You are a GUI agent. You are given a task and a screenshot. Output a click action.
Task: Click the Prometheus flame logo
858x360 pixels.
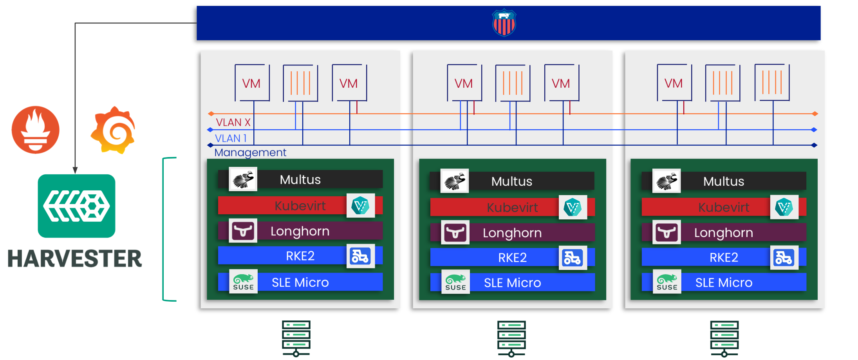pos(36,130)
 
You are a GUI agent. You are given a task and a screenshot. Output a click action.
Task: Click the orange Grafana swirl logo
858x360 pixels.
pos(113,130)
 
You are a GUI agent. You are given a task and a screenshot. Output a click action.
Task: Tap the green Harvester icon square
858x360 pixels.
pos(76,206)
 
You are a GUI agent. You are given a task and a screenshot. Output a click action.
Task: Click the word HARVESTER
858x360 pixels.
pos(75,259)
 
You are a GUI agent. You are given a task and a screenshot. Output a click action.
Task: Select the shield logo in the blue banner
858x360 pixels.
pos(504,23)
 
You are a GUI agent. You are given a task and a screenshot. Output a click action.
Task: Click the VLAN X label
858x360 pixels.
pos(233,122)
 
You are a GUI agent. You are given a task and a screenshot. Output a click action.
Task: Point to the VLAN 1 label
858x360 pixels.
pos(231,138)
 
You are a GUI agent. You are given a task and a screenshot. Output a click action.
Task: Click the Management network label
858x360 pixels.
pos(250,152)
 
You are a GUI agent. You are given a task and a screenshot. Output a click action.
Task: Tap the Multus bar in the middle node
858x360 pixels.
pos(512,181)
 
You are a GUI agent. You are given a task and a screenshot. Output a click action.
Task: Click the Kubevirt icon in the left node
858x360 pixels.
pos(360,206)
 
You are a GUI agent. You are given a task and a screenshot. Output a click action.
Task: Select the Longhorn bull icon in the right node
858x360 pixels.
pos(667,232)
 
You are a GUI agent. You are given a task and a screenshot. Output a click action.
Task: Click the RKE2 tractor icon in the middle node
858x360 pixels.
pos(573,258)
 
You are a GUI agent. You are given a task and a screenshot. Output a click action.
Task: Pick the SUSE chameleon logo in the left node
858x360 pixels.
pos(243,281)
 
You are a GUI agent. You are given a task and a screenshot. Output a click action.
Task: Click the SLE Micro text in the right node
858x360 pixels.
pos(724,282)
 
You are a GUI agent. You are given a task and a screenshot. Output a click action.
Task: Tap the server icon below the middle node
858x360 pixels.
pos(511,338)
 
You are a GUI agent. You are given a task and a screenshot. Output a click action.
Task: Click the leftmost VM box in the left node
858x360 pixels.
pos(252,83)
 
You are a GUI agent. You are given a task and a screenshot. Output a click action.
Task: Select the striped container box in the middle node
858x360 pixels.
pos(513,83)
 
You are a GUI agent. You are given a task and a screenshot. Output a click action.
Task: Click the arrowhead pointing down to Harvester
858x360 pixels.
pos(75,170)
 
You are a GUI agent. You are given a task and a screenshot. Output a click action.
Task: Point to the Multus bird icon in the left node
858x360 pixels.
pos(243,179)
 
